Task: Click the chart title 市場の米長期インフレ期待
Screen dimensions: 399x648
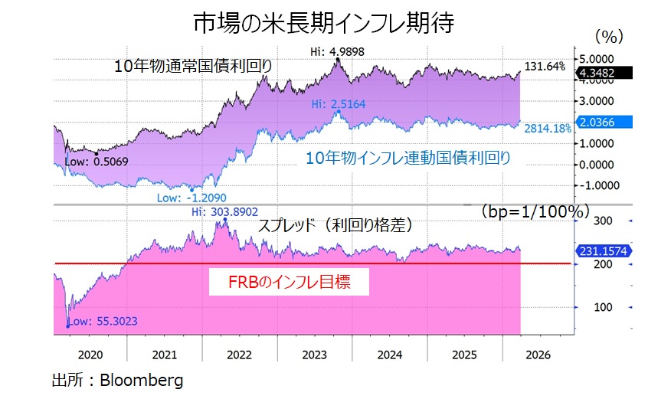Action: (323, 24)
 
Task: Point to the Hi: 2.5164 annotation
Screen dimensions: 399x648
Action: (337, 103)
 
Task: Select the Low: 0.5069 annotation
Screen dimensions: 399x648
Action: (97, 162)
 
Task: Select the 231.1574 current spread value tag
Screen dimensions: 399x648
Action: (602, 250)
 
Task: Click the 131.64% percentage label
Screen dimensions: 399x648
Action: (545, 67)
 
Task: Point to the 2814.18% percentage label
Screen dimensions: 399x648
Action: (547, 129)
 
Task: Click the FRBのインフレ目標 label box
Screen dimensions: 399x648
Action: (290, 281)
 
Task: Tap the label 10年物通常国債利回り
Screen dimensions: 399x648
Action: (192, 66)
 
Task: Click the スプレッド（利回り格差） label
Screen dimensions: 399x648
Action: (335, 226)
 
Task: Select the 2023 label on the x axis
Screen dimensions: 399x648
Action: (315, 355)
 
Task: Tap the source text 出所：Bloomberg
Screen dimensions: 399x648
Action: (117, 380)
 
